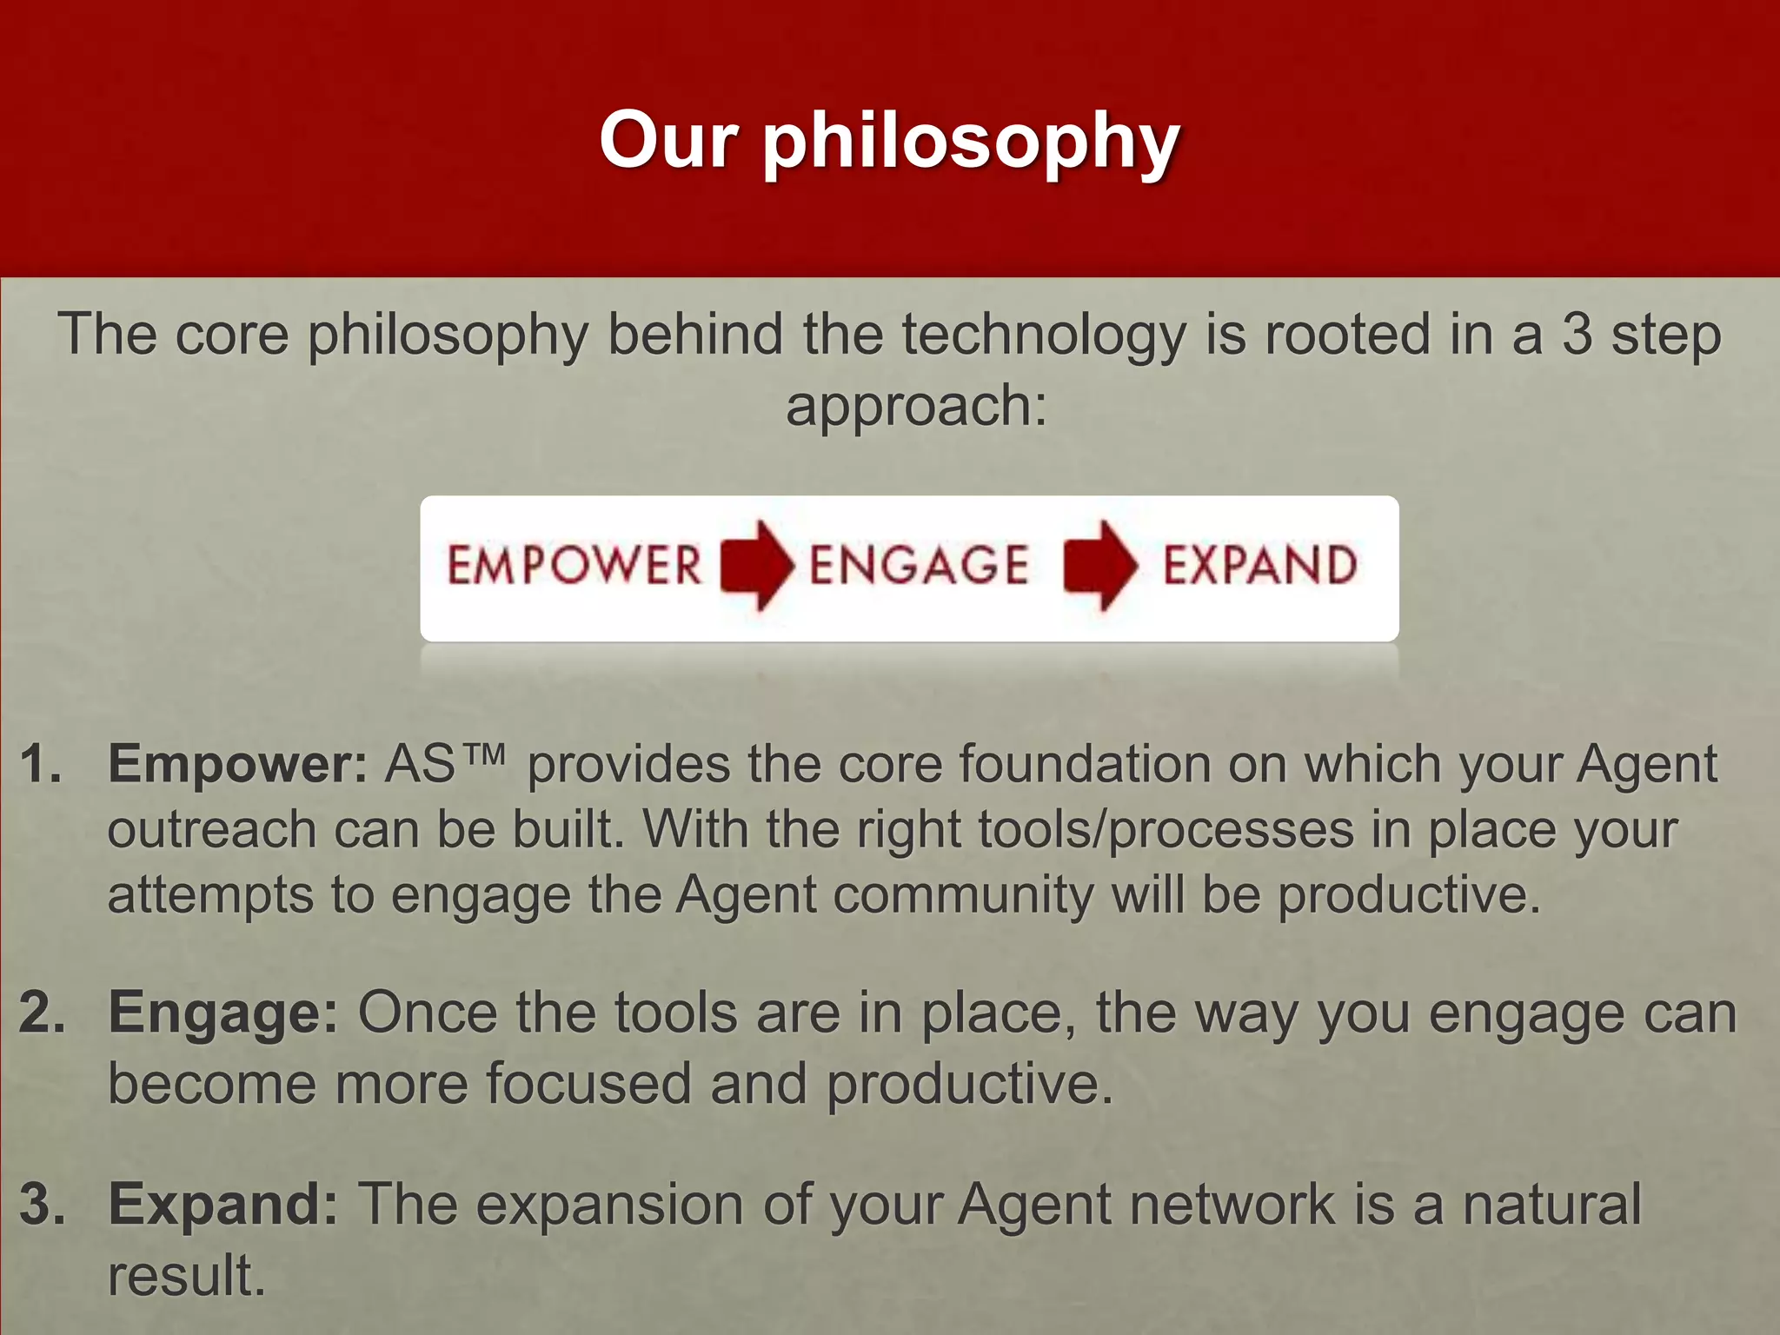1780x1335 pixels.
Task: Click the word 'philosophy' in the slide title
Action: click(x=971, y=143)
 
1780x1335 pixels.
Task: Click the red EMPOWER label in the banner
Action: click(x=574, y=566)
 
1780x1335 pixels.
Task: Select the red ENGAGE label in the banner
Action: click(x=919, y=566)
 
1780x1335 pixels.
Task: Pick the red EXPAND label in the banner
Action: click(x=1259, y=566)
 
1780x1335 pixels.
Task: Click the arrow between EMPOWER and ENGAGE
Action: click(x=756, y=565)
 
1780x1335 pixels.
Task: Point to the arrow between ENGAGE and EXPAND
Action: click(x=1099, y=565)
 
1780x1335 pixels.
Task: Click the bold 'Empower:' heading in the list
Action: click(x=237, y=766)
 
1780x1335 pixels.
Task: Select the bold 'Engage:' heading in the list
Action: click(x=222, y=1014)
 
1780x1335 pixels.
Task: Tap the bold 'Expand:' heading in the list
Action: click(x=222, y=1205)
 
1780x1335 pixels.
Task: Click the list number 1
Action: click(x=40, y=765)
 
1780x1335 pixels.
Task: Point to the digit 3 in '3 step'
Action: click(x=1577, y=335)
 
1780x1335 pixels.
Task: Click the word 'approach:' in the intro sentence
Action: click(x=916, y=407)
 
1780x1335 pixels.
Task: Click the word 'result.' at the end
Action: click(x=186, y=1276)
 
